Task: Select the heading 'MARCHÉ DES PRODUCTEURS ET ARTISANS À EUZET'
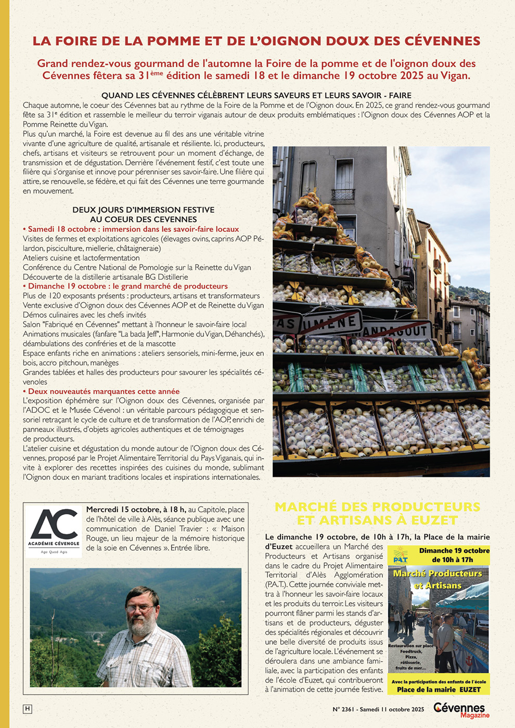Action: [377, 513]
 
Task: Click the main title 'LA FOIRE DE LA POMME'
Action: [256, 41]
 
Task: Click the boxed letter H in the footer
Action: [28, 709]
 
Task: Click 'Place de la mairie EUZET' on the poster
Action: [439, 690]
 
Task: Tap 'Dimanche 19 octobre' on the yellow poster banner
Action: [454, 551]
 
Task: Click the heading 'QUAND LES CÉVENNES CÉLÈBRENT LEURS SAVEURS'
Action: [256, 96]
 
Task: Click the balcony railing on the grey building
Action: [343, 195]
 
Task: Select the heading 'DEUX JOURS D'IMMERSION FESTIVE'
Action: [143, 210]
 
